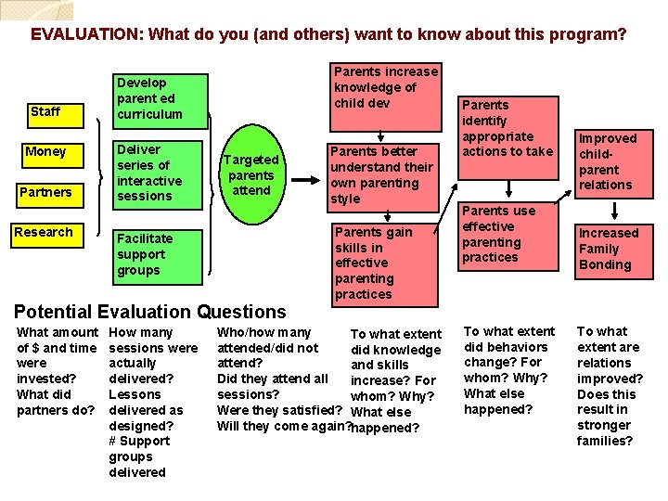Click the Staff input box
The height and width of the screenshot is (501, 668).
pos(45,111)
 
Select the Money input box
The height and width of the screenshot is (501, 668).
pos(46,151)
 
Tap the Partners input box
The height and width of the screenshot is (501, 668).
pos(46,192)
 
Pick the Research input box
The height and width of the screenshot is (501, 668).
pos(46,232)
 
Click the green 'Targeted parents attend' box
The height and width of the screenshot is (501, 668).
pos(250,174)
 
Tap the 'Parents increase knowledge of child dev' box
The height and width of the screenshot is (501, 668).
pos(385,88)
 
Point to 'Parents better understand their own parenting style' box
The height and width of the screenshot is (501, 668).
pos(381,174)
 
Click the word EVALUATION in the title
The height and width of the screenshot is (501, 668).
pos(86,35)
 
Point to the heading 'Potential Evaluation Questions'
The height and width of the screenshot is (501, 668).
pos(150,312)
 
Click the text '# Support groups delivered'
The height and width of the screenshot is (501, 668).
pos(139,456)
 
